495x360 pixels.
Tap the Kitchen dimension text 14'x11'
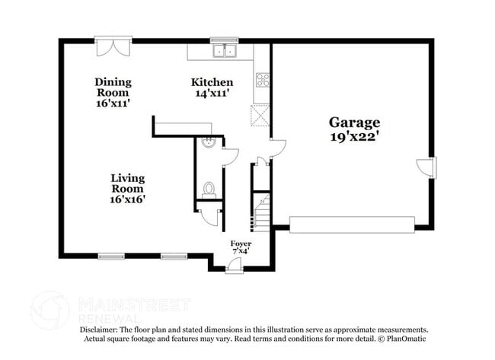(x=212, y=93)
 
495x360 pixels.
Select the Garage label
(x=354, y=122)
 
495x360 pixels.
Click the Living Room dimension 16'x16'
(x=127, y=199)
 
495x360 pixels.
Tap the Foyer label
(x=241, y=244)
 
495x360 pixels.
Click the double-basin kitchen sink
(x=225, y=51)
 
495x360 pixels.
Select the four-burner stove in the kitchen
(x=262, y=79)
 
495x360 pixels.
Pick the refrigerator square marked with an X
(x=260, y=116)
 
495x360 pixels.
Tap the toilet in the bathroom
(x=209, y=188)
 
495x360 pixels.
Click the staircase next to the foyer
(x=262, y=210)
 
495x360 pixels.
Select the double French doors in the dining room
(x=113, y=45)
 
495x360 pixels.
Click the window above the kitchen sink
(x=225, y=40)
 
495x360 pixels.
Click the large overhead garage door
(x=352, y=224)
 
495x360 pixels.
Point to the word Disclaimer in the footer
(x=101, y=330)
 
